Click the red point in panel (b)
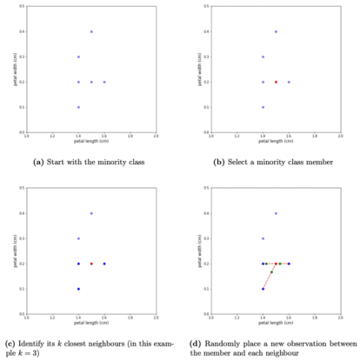pos(276,82)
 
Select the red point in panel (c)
pos(91,264)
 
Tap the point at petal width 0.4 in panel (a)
pos(91,31)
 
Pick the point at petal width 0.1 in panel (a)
pos(78,107)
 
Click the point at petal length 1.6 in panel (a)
pos(104,82)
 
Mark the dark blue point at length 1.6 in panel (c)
pos(104,264)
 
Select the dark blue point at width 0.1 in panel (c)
pos(78,289)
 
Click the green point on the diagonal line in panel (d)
pos(270,272)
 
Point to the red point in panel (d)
pos(276,264)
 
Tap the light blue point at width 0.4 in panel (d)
pos(276,213)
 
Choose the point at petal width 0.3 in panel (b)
pos(263,57)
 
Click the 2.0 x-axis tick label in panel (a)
pos(156,135)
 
